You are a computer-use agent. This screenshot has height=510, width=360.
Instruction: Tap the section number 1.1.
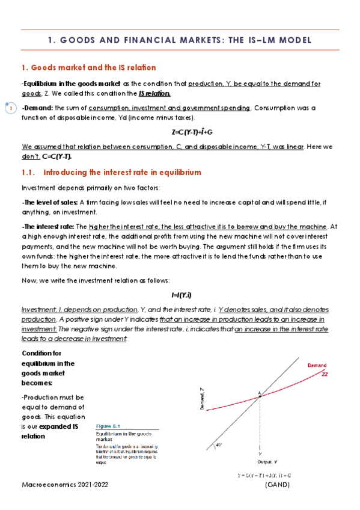29,173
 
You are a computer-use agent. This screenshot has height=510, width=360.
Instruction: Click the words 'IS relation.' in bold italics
154,94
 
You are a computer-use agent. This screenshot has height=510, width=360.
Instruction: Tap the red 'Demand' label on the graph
317,365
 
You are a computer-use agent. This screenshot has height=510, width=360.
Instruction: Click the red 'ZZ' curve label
325,373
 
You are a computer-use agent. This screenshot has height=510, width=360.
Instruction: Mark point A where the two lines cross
260,395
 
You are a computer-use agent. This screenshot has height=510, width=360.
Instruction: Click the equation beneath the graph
264,475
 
